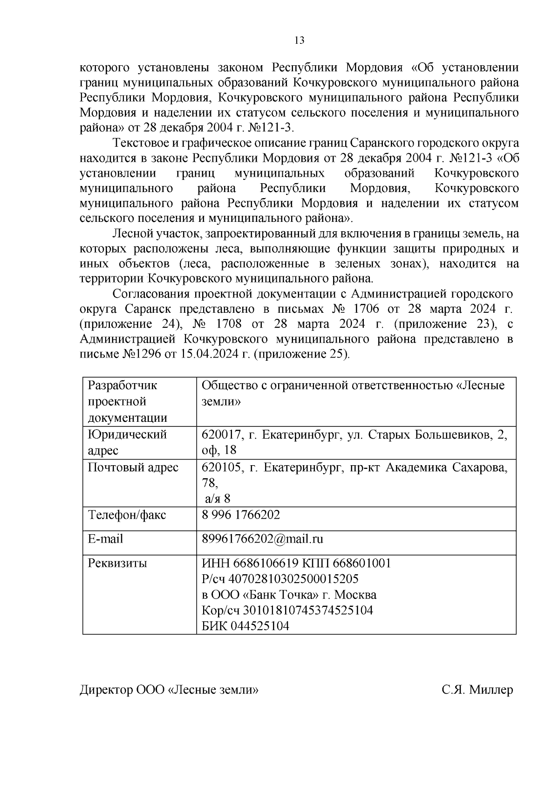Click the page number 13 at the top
tap(300, 41)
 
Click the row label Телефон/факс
tap(127, 515)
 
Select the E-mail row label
tap(106, 539)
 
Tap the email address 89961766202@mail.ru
tap(262, 539)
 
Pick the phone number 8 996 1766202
tap(241, 515)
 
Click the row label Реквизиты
tap(117, 563)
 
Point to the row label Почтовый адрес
tap(133, 467)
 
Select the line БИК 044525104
tap(245, 626)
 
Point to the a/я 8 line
tap(218, 499)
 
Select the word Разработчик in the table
tap(123, 385)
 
